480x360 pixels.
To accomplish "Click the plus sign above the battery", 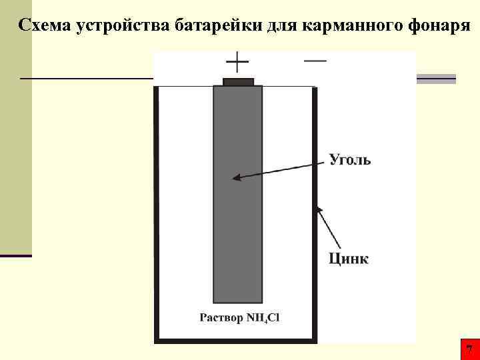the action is point(237,64).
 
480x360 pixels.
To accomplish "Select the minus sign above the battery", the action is point(315,60).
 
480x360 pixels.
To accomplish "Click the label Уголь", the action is point(350,160).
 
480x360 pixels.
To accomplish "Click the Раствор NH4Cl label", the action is point(240,317).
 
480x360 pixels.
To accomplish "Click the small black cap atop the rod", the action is point(238,82).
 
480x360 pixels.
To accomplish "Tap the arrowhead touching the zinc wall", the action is point(320,211).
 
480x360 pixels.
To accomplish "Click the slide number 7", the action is point(469,349).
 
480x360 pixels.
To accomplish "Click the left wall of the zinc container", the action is point(157,213).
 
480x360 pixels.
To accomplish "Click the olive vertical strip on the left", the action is point(15,133).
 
